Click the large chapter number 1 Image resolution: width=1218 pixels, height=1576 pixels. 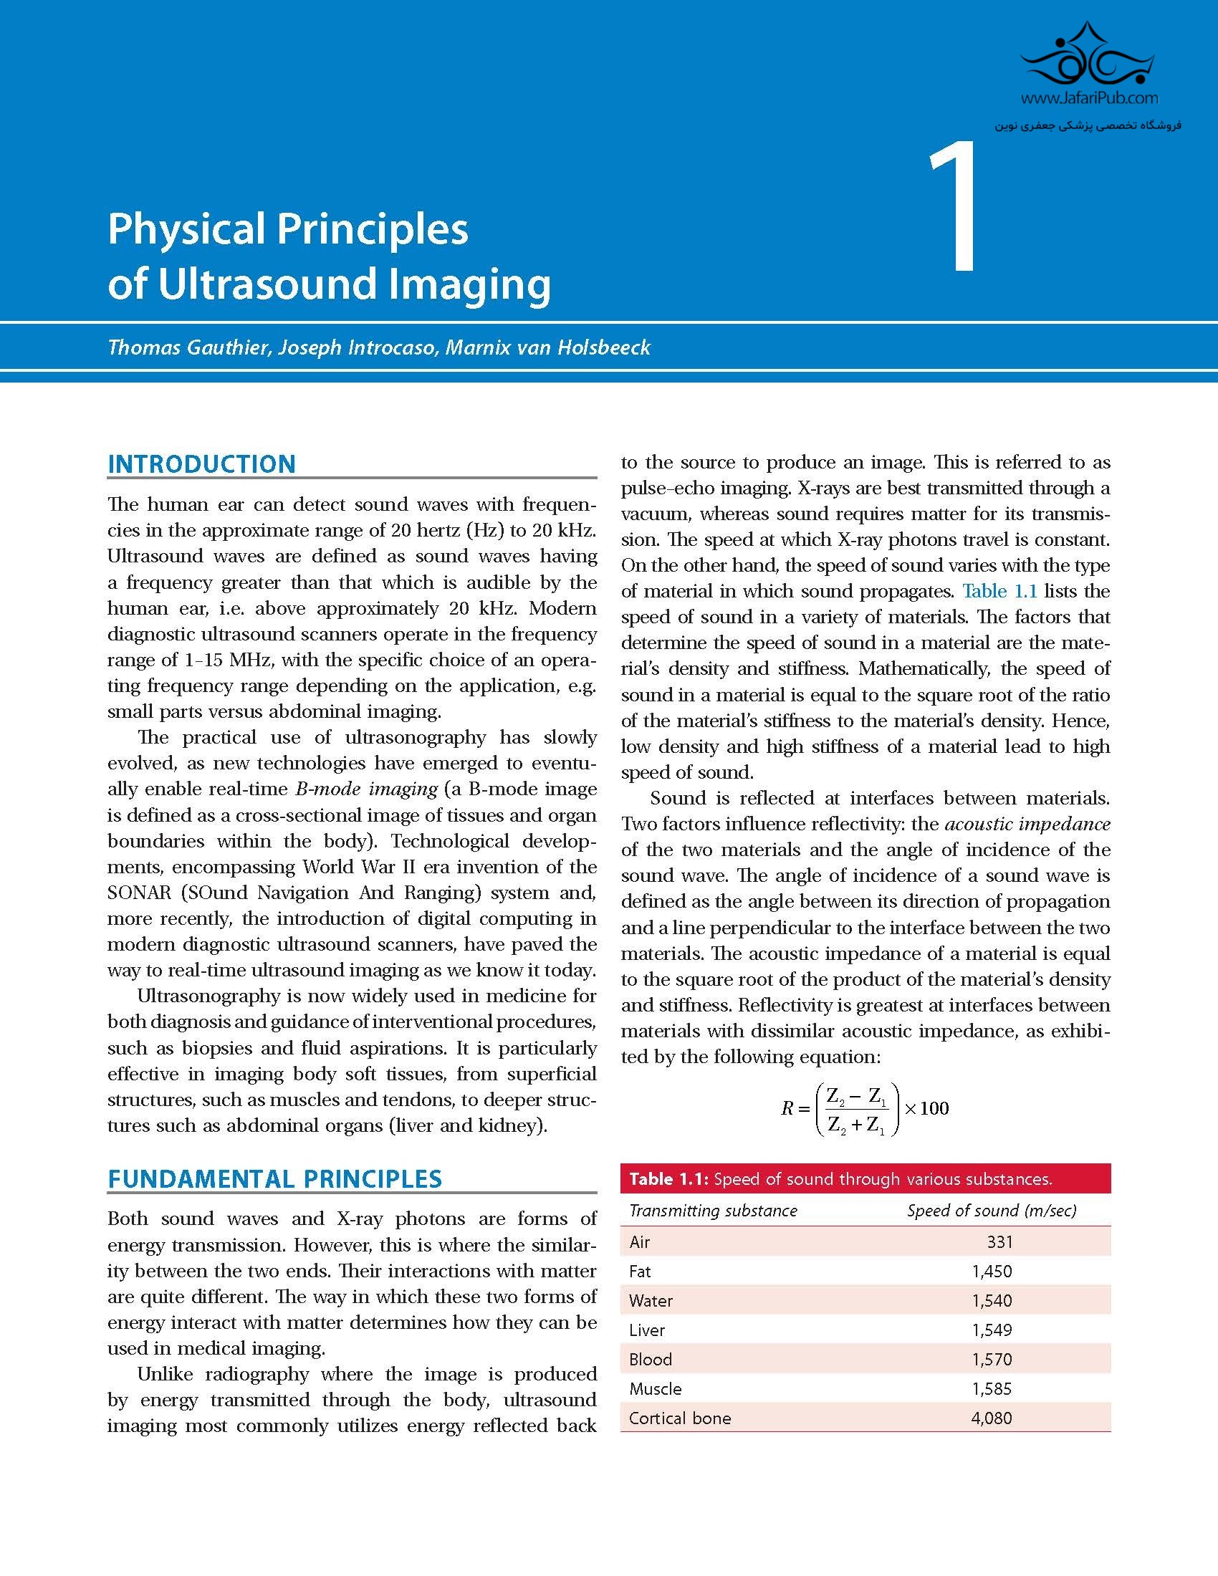point(954,208)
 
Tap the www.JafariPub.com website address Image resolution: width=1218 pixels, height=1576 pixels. point(1090,97)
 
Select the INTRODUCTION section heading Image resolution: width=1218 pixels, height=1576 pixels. point(201,464)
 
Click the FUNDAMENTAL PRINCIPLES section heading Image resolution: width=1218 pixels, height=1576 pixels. point(274,1178)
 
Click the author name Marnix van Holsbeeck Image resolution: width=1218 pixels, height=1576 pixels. point(547,348)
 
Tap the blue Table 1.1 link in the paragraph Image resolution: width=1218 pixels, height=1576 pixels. point(999,591)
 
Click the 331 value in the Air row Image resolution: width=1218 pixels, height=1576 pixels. point(999,1242)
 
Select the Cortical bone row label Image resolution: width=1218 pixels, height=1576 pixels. point(680,1418)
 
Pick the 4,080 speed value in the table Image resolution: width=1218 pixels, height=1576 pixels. point(992,1418)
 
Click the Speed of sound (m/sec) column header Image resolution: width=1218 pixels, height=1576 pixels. point(992,1210)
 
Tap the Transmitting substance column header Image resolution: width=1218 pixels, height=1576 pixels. point(713,1210)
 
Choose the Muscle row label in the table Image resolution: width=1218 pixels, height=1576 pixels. point(655,1388)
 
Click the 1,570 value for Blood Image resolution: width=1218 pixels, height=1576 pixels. point(992,1360)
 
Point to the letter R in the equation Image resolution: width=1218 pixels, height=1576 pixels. point(787,1108)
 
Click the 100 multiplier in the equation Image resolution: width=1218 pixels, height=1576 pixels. point(934,1108)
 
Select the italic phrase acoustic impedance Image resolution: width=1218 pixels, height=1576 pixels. point(1027,823)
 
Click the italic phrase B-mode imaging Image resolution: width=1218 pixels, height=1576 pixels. point(367,789)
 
